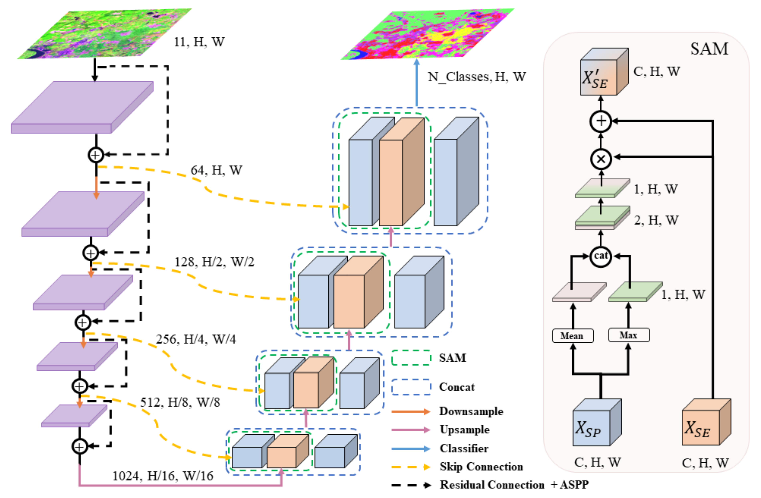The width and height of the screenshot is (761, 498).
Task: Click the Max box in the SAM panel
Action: point(629,335)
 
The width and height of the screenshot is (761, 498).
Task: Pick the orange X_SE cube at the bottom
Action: point(706,423)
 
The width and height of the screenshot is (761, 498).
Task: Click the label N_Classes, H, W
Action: point(476,77)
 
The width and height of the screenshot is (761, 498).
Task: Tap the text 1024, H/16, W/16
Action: point(162,476)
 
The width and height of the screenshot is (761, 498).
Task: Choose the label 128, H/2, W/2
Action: point(214,262)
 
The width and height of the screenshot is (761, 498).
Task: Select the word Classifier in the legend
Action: point(464,448)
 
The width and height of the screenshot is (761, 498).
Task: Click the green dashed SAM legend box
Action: point(411,358)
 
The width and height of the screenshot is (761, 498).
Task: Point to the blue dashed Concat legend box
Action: point(411,387)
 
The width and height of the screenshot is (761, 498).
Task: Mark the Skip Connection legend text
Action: point(481,467)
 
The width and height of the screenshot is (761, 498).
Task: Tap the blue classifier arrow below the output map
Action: point(416,83)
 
